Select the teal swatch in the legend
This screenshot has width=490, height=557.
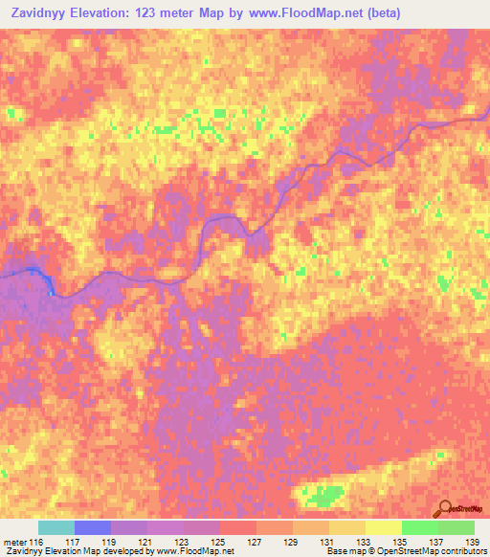[56, 527]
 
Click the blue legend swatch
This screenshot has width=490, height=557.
[93, 527]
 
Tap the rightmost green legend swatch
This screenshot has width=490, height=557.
[457, 527]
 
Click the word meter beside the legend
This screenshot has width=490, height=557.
[13, 543]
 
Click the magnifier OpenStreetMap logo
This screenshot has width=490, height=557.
[447, 508]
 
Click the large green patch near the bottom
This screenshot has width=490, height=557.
[325, 495]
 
